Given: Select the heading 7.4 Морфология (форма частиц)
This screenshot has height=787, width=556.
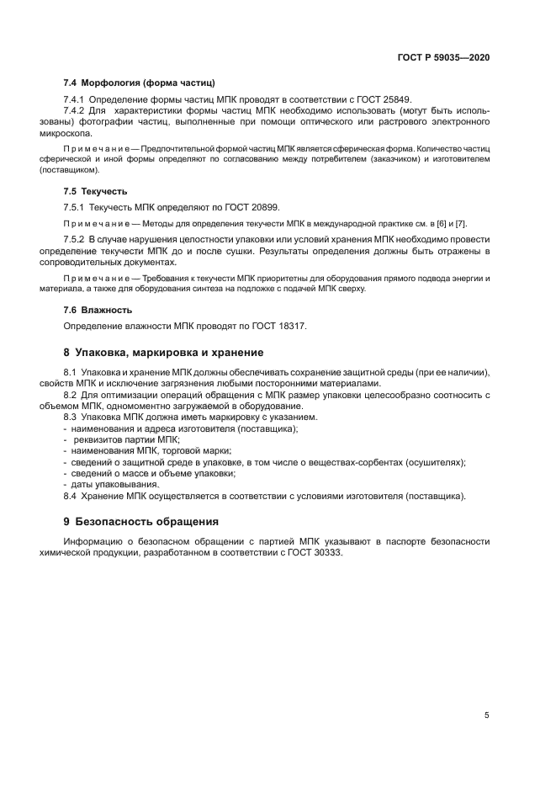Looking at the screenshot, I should click(x=140, y=83).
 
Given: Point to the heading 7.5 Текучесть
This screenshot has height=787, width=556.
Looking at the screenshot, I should click(x=97, y=191).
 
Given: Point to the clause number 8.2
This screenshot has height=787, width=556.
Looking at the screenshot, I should click(x=71, y=395).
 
